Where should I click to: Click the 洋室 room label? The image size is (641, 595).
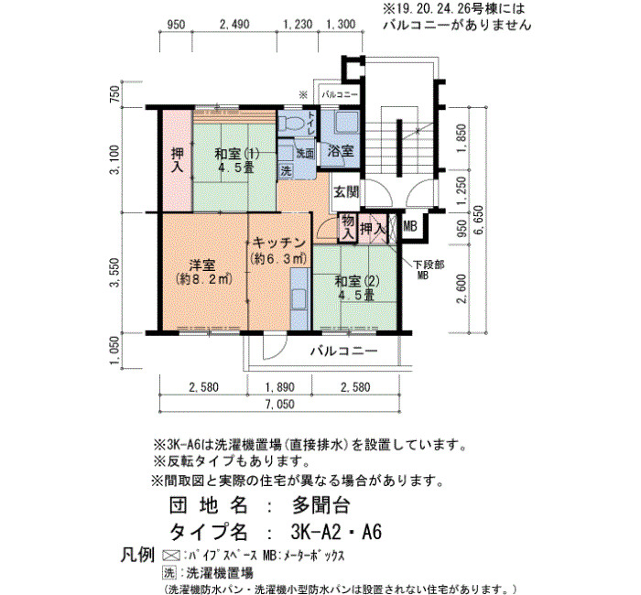pyautogui.click(x=202, y=265)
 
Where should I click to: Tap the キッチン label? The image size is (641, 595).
pyautogui.click(x=278, y=243)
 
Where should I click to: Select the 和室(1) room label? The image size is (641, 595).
pyautogui.click(x=236, y=154)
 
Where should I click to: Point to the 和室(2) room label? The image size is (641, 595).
pyautogui.click(x=357, y=281)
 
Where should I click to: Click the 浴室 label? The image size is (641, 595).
pyautogui.click(x=340, y=151)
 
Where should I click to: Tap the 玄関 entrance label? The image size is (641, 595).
pyautogui.click(x=346, y=191)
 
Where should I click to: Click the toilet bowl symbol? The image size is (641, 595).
pyautogui.click(x=289, y=122)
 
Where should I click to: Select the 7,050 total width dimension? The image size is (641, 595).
pyautogui.click(x=279, y=405)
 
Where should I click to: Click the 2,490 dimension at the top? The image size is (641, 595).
pyautogui.click(x=234, y=25)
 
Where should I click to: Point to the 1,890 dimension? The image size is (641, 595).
pyautogui.click(x=280, y=386)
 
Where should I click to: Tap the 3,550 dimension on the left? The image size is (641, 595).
pyautogui.click(x=115, y=273)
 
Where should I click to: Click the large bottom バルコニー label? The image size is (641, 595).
pyautogui.click(x=343, y=351)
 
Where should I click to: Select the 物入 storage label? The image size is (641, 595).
pyautogui.click(x=348, y=228)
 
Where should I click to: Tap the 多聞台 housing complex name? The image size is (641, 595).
pyautogui.click(x=320, y=506)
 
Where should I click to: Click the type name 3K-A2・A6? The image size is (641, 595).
pyautogui.click(x=336, y=532)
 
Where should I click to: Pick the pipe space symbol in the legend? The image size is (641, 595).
pyautogui.click(x=171, y=556)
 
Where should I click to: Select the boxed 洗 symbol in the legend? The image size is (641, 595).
pyautogui.click(x=168, y=572)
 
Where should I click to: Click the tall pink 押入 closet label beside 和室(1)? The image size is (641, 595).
pyautogui.click(x=178, y=160)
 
